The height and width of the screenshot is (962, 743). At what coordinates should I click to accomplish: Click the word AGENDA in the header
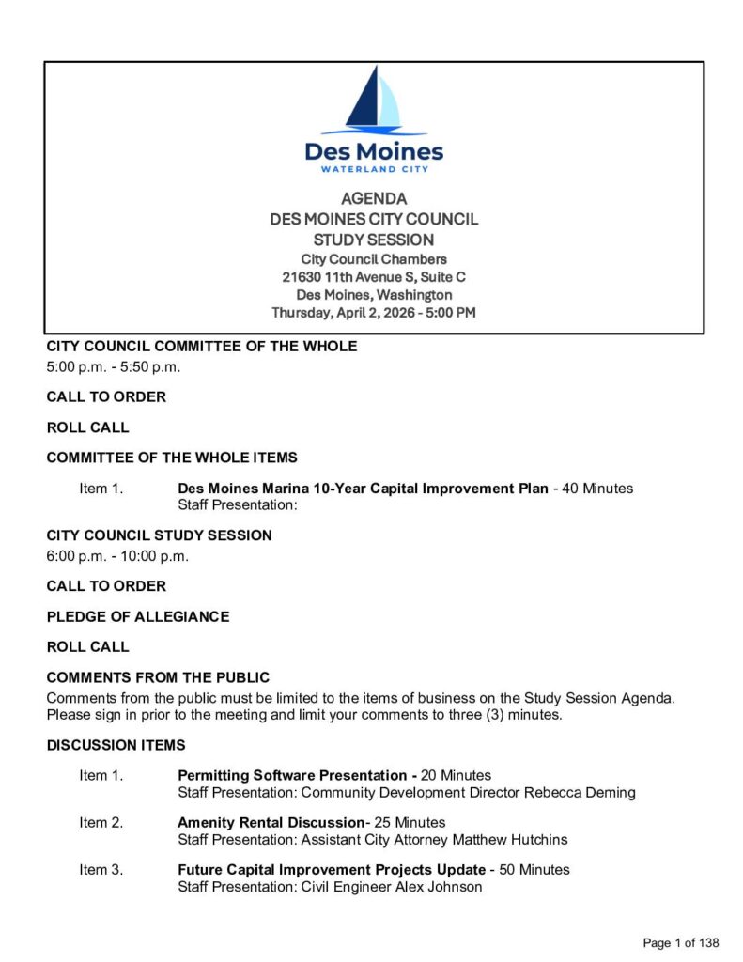click(x=374, y=199)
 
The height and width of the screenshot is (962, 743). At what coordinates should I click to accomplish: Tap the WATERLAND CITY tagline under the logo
click(x=374, y=169)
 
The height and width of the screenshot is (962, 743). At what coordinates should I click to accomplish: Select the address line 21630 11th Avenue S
click(x=374, y=277)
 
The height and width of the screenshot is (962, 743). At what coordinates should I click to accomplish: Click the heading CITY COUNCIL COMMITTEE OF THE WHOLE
click(x=202, y=347)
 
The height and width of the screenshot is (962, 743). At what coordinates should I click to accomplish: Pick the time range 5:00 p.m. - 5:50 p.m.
click(x=114, y=366)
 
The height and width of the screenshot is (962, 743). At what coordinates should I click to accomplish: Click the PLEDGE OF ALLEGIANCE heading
click(x=138, y=617)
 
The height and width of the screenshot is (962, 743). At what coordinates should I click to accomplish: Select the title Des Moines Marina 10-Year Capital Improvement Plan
click(x=363, y=489)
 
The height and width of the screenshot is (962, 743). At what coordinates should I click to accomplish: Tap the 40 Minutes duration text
click(x=597, y=489)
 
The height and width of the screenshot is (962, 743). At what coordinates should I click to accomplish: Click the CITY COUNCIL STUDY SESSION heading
click(x=160, y=535)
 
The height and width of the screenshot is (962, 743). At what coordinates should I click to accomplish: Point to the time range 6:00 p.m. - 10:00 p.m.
click(x=118, y=556)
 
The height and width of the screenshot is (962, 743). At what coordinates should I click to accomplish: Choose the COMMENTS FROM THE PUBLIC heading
click(x=158, y=677)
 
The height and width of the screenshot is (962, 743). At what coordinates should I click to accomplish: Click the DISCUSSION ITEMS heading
click(x=116, y=746)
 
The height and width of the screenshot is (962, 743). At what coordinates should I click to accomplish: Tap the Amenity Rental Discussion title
click(x=271, y=823)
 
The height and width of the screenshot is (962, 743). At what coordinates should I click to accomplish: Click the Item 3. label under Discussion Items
click(x=101, y=870)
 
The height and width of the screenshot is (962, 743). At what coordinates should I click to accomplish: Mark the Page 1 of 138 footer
click(x=680, y=942)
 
